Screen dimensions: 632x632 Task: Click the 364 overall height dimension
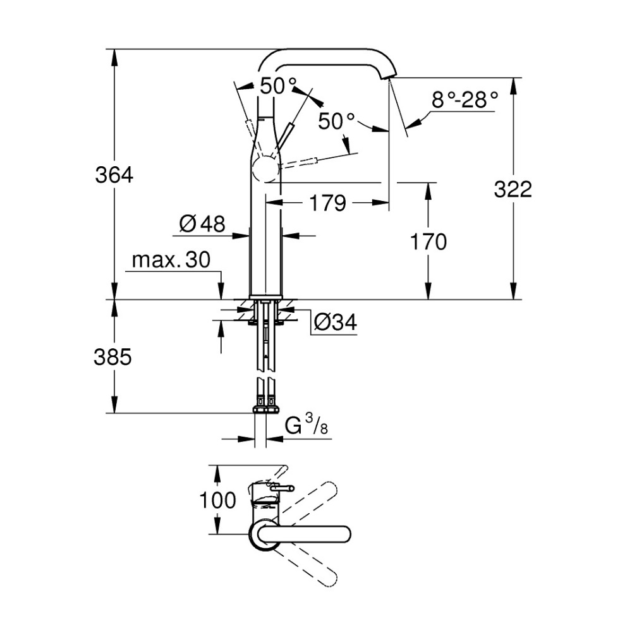[114, 174]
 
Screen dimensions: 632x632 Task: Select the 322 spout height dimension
[513, 189]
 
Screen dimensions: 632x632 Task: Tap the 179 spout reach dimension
[327, 204]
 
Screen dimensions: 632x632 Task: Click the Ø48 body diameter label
[202, 224]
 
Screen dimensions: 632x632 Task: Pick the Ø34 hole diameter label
[335, 323]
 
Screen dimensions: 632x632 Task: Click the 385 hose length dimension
[114, 358]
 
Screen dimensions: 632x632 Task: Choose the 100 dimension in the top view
[217, 501]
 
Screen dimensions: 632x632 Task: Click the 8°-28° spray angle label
[465, 100]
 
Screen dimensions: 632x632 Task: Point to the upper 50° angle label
[277, 86]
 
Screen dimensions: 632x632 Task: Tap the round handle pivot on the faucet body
[265, 169]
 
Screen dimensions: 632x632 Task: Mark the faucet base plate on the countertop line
[265, 297]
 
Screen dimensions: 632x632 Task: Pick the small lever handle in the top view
[281, 487]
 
